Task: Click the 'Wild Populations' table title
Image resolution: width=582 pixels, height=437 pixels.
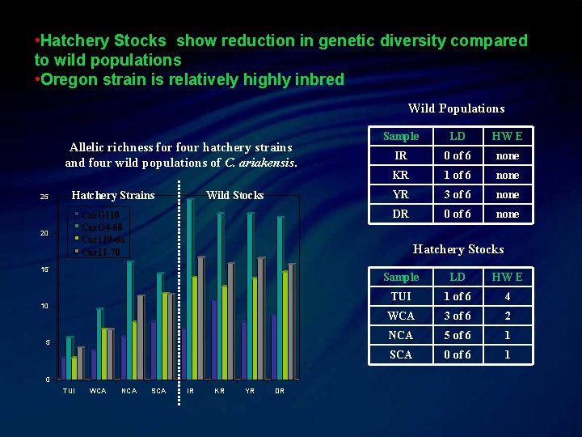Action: click(456, 108)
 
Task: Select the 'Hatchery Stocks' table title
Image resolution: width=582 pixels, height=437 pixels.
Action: click(458, 249)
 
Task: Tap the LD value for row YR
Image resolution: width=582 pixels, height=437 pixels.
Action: click(458, 194)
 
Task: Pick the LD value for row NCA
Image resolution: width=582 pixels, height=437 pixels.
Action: click(458, 335)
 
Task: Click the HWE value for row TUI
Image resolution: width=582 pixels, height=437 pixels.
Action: click(508, 296)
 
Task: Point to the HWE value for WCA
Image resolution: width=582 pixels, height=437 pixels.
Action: click(508, 316)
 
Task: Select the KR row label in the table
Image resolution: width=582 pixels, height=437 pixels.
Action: click(400, 175)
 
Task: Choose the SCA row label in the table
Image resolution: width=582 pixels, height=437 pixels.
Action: click(400, 354)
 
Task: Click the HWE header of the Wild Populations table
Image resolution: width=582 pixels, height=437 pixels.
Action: click(508, 136)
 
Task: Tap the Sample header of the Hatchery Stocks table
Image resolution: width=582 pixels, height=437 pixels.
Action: click(400, 277)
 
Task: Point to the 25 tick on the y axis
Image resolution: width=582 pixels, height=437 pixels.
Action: click(44, 197)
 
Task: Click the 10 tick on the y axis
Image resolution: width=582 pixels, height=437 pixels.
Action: click(44, 306)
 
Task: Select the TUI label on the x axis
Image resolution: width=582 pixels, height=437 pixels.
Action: click(70, 391)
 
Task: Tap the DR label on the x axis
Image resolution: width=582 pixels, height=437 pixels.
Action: click(280, 391)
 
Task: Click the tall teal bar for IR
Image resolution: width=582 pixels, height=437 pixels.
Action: click(190, 287)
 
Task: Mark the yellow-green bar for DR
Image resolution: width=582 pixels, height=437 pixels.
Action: click(285, 324)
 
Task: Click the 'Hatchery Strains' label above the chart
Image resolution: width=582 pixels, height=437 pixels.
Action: click(113, 195)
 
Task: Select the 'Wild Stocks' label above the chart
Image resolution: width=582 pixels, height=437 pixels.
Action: click(234, 195)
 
